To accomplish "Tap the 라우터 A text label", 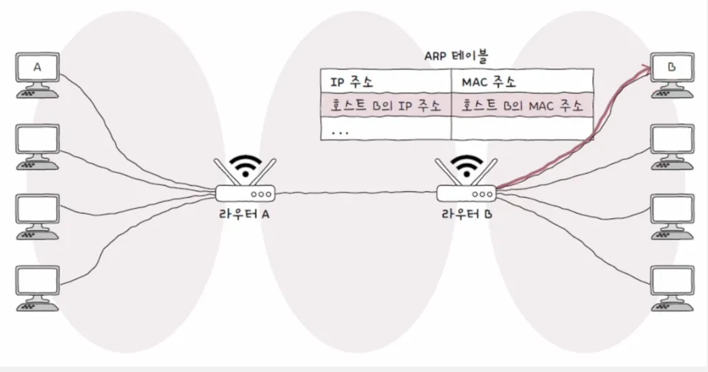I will point(244,215).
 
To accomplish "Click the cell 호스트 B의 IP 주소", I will point(385,105).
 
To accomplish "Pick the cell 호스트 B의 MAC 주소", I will point(521,105).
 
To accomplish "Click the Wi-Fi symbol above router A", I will point(244,165).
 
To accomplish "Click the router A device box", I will point(244,193).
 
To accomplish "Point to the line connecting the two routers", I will point(357,192).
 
